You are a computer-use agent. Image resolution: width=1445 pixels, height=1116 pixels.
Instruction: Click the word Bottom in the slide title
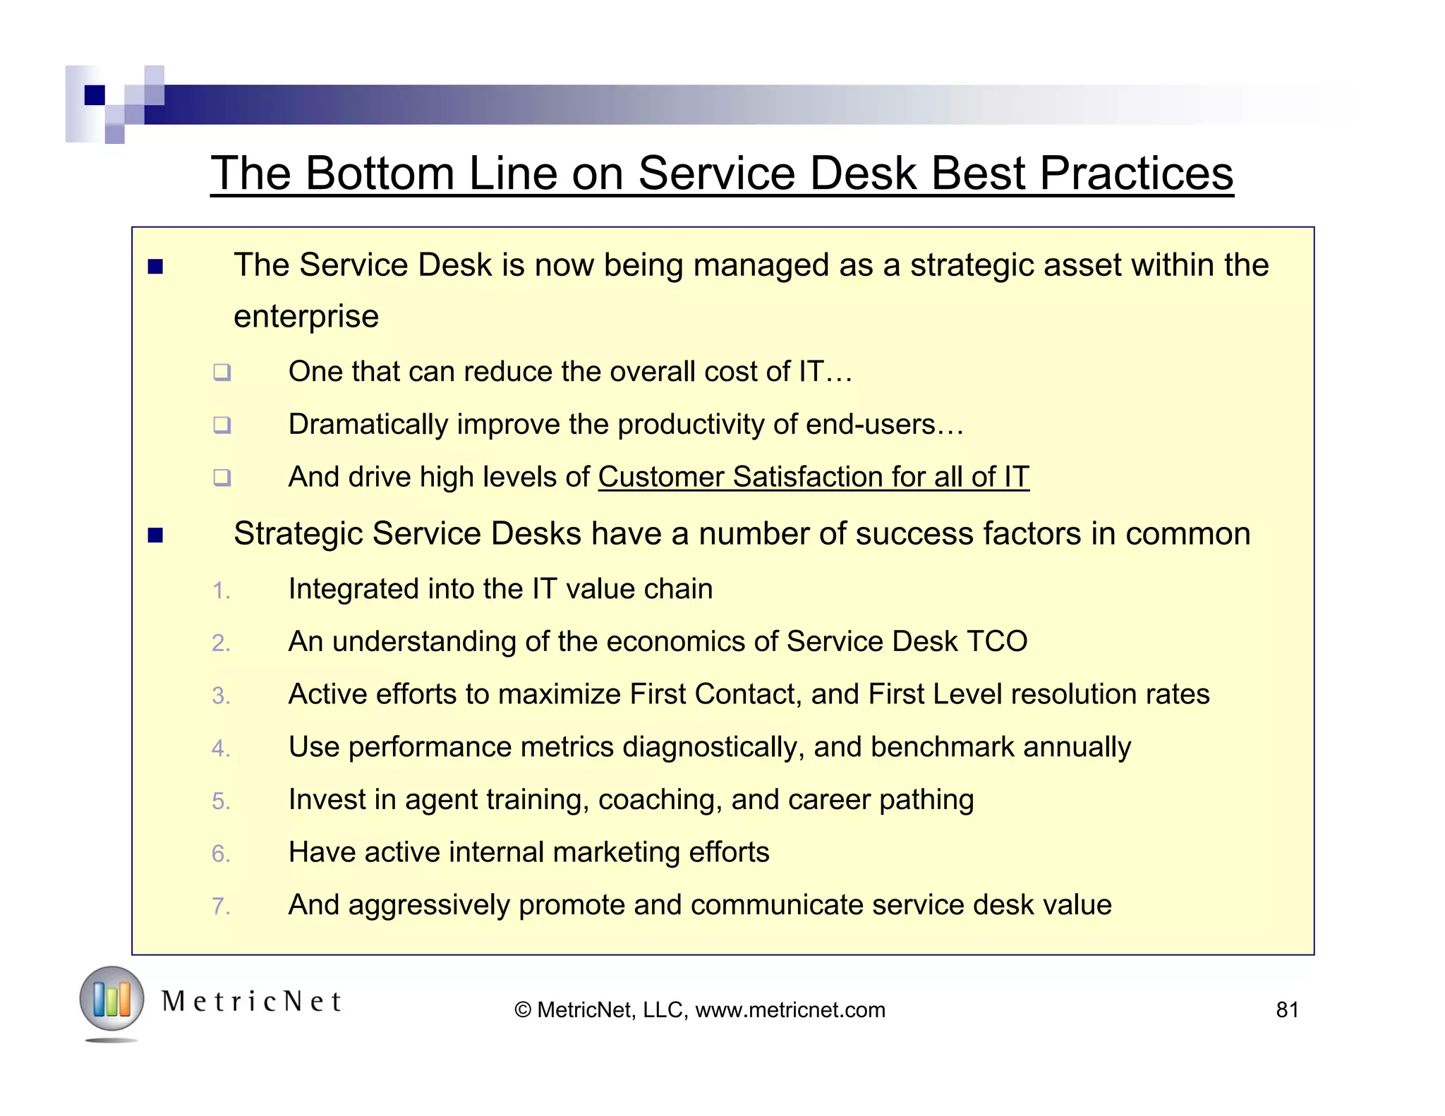click(380, 173)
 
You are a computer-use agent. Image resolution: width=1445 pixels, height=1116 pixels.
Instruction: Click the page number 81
click(1287, 1010)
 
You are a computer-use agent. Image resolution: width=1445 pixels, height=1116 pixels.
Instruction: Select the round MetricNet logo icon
click(111, 1000)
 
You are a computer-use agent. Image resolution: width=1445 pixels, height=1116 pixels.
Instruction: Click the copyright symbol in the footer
click(523, 1010)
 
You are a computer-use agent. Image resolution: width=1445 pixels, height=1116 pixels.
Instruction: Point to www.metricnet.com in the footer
click(790, 1010)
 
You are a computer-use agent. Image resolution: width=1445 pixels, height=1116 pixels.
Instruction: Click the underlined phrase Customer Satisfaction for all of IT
click(814, 477)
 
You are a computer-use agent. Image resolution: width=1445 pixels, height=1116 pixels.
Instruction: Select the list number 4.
click(221, 749)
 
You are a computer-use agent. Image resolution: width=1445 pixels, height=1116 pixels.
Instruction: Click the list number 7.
click(221, 906)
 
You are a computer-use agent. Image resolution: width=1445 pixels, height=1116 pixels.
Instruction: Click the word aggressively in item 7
click(429, 905)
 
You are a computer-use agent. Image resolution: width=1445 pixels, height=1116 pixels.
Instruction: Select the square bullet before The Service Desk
click(155, 267)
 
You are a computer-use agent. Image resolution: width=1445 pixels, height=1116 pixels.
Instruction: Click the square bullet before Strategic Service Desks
click(155, 535)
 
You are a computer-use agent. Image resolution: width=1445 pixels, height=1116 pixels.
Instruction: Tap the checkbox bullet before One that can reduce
click(222, 372)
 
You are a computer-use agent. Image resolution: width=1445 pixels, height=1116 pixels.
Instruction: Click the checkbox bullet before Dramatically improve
click(222, 425)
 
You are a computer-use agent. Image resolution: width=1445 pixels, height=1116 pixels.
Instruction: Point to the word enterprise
click(306, 317)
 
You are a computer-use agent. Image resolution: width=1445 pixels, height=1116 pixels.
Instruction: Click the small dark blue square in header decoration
click(95, 95)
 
